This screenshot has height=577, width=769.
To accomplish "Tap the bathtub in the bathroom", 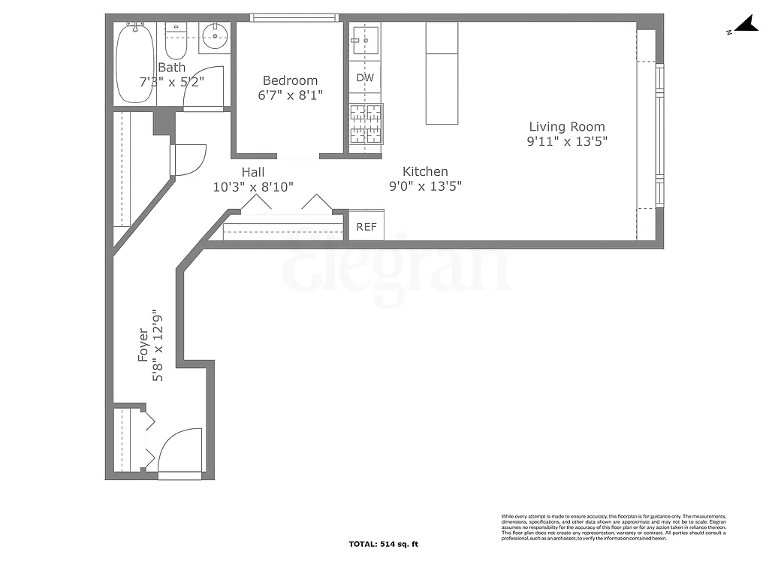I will pyautogui.click(x=134, y=64).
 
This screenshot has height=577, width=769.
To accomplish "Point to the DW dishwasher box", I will pyautogui.click(x=365, y=77).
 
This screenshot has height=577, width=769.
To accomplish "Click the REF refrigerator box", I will pyautogui.click(x=366, y=227).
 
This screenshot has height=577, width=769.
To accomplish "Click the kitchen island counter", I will pyautogui.click(x=442, y=73).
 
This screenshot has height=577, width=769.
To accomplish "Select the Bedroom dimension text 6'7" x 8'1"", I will pyautogui.click(x=290, y=95).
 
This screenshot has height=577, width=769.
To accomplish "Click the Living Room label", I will pyautogui.click(x=566, y=127).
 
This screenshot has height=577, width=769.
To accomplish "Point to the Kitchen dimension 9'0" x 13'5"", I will pyautogui.click(x=424, y=186).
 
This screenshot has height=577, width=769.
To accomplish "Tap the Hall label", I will pyautogui.click(x=253, y=172).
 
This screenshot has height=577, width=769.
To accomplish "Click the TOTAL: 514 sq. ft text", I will pyautogui.click(x=388, y=544).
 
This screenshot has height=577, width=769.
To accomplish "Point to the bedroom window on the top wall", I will pyautogui.click(x=294, y=17).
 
